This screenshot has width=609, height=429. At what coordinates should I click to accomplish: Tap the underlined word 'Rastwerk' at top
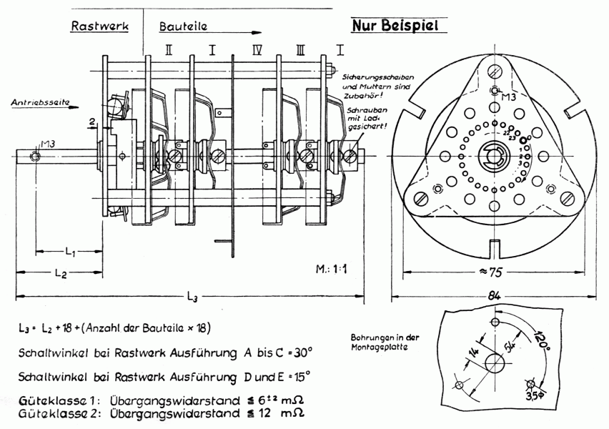[x=99, y=26]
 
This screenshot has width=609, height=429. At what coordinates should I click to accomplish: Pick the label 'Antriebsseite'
[x=40, y=103]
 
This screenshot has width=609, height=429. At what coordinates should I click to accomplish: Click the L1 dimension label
[x=71, y=251]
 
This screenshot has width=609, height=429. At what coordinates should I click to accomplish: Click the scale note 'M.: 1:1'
[x=332, y=270]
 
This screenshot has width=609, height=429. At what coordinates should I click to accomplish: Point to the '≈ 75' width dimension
[x=495, y=272]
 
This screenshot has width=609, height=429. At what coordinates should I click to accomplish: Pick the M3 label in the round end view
[x=508, y=96]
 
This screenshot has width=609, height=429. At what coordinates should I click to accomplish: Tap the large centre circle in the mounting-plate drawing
[x=494, y=363]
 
